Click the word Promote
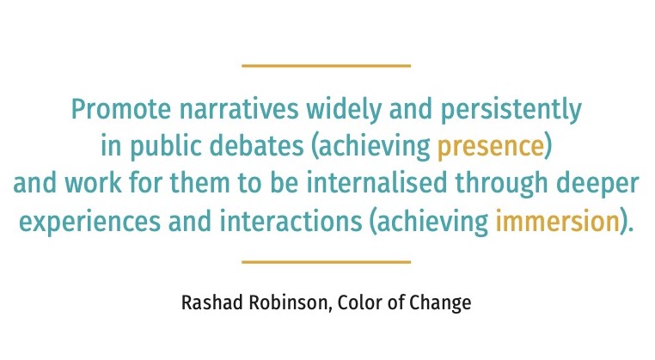(x=121, y=108)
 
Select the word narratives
(x=239, y=108)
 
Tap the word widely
(x=344, y=109)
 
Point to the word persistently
(x=511, y=110)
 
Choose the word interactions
(x=291, y=221)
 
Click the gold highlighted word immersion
(x=557, y=221)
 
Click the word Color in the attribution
(x=359, y=302)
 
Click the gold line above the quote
(x=327, y=65)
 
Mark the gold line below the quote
(x=327, y=262)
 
